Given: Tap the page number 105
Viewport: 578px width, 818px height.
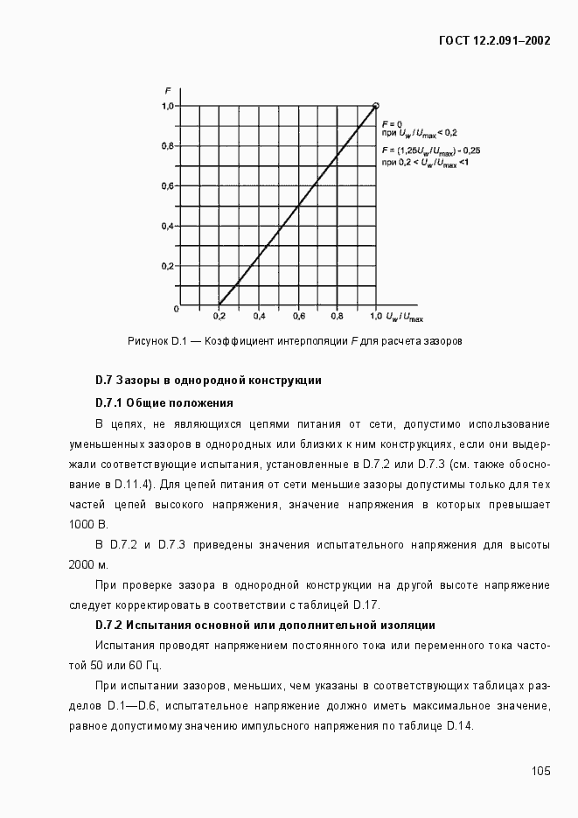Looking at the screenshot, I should (540, 771).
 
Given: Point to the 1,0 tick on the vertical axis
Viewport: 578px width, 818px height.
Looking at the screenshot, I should (168, 106).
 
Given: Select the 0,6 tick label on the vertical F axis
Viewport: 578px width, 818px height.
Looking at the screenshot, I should (168, 186).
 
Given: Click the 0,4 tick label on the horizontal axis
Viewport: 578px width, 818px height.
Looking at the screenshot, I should (259, 315).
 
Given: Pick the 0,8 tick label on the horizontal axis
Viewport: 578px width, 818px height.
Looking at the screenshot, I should (337, 315).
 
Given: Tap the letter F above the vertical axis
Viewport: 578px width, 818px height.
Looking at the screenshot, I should (167, 91).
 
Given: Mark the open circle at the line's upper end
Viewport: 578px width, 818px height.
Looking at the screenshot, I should (376, 106).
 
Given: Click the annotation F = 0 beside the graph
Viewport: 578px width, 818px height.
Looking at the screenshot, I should (392, 123).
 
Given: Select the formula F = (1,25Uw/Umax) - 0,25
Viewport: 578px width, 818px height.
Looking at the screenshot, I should (430, 150).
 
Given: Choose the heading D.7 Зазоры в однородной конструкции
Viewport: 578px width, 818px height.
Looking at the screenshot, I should (208, 381).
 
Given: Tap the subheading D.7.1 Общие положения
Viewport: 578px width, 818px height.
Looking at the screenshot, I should (164, 402).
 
